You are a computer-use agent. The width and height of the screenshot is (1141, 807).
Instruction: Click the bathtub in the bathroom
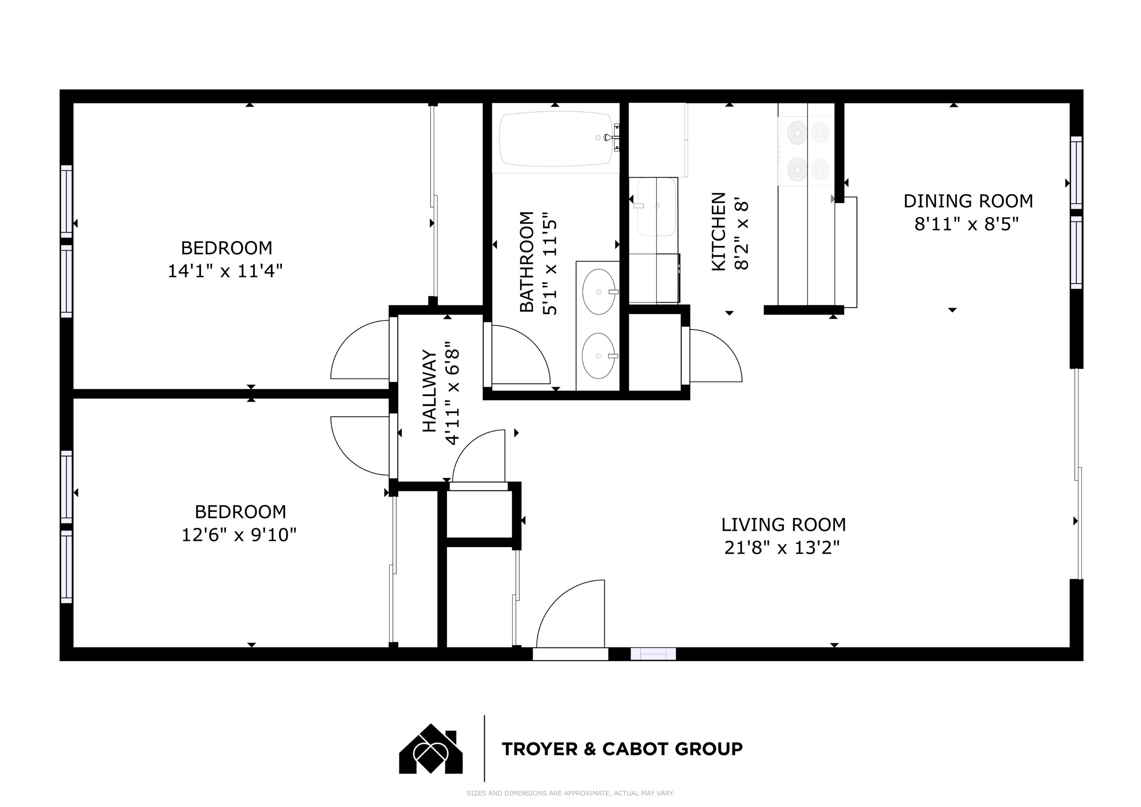pos(556,139)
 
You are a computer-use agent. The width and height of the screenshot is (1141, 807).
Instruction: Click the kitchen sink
pos(657,206)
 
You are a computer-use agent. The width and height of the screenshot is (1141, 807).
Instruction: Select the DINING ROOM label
pos(968,201)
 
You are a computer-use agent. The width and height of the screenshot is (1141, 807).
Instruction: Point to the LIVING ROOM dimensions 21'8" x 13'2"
pos(782,548)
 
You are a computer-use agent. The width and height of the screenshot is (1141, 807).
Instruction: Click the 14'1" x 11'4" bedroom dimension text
pos(225,271)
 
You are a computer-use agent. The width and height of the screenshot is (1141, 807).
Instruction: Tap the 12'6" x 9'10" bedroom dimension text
pos(239,535)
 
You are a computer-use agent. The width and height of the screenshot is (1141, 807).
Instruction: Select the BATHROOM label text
pos(527,262)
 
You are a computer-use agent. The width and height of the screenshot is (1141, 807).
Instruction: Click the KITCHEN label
pos(718,232)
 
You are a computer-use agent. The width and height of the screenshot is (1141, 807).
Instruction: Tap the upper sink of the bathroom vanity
pos(599,292)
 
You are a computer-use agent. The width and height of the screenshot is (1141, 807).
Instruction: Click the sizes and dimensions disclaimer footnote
pos(570,793)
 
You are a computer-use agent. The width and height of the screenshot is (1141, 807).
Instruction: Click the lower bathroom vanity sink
pos(599,355)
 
